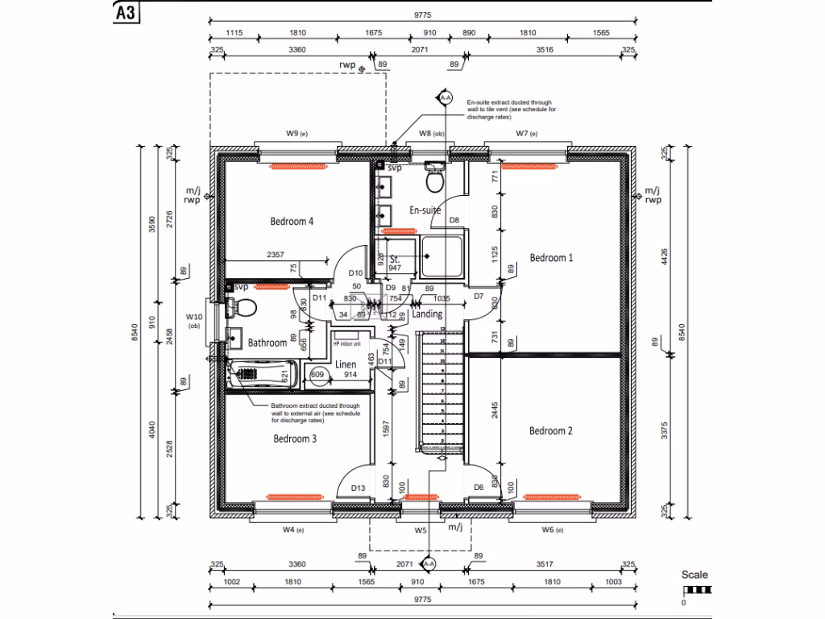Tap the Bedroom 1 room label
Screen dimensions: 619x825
click(x=551, y=258)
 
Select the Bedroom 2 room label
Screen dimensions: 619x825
click(x=551, y=431)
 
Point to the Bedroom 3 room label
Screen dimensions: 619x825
click(x=295, y=439)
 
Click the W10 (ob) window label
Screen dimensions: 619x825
click(x=194, y=322)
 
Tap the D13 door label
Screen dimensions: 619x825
click(x=359, y=488)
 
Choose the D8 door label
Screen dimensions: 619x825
click(x=454, y=219)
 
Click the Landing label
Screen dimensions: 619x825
click(x=427, y=314)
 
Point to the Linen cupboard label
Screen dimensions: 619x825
click(x=346, y=364)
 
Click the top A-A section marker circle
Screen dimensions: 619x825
click(x=445, y=98)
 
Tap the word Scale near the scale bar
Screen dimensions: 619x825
click(x=694, y=575)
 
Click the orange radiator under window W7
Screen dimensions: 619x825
click(x=529, y=167)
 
